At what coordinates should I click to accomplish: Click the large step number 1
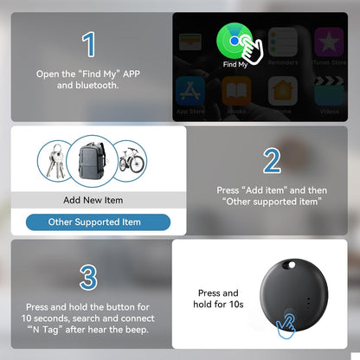(x=88, y=45)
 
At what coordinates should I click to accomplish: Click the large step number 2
(x=271, y=160)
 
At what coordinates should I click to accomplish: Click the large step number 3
(x=87, y=277)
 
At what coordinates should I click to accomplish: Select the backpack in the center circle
(x=93, y=161)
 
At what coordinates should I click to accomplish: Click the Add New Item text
(x=93, y=200)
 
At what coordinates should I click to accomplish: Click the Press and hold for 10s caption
(x=218, y=299)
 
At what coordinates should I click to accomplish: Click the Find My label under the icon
(x=236, y=64)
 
